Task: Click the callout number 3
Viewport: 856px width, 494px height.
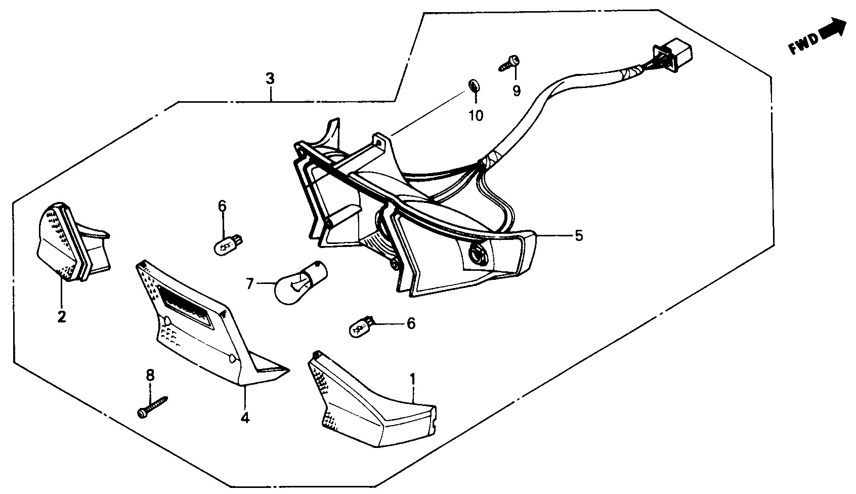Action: pos(270,79)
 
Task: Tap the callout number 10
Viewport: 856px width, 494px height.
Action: pos(476,115)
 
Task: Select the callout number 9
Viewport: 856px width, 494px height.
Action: pos(516,91)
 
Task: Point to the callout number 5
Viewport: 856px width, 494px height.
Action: pos(579,235)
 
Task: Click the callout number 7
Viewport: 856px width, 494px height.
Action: pos(250,284)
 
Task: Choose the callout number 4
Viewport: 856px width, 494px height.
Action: pos(245,418)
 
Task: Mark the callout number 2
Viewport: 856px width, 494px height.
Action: pos(62,316)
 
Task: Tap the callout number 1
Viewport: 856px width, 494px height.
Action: pos(412,379)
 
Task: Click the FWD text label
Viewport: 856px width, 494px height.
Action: pos(804,44)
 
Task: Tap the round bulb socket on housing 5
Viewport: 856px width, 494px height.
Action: pos(477,254)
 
